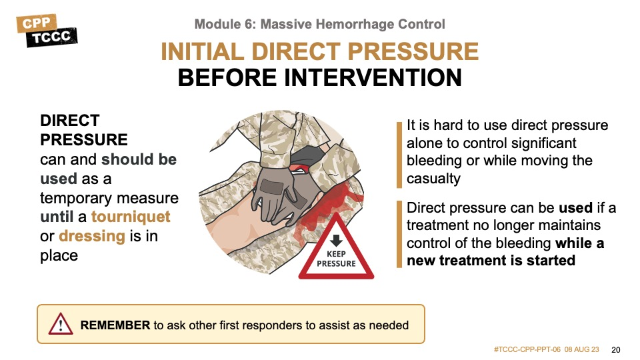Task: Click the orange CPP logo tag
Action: [36, 23]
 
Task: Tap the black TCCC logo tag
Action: [52, 37]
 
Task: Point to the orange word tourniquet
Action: [131, 216]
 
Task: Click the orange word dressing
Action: [92, 236]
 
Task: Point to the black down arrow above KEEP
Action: [336, 240]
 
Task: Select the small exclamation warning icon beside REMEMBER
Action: [61, 324]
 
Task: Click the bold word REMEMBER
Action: [115, 325]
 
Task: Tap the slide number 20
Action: [616, 350]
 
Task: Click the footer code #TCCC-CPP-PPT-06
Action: [527, 350]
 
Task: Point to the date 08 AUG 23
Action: [581, 350]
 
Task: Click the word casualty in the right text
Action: [433, 179]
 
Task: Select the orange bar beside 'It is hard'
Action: [399, 155]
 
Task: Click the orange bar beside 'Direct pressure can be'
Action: [399, 234]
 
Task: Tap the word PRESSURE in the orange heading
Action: [413, 51]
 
